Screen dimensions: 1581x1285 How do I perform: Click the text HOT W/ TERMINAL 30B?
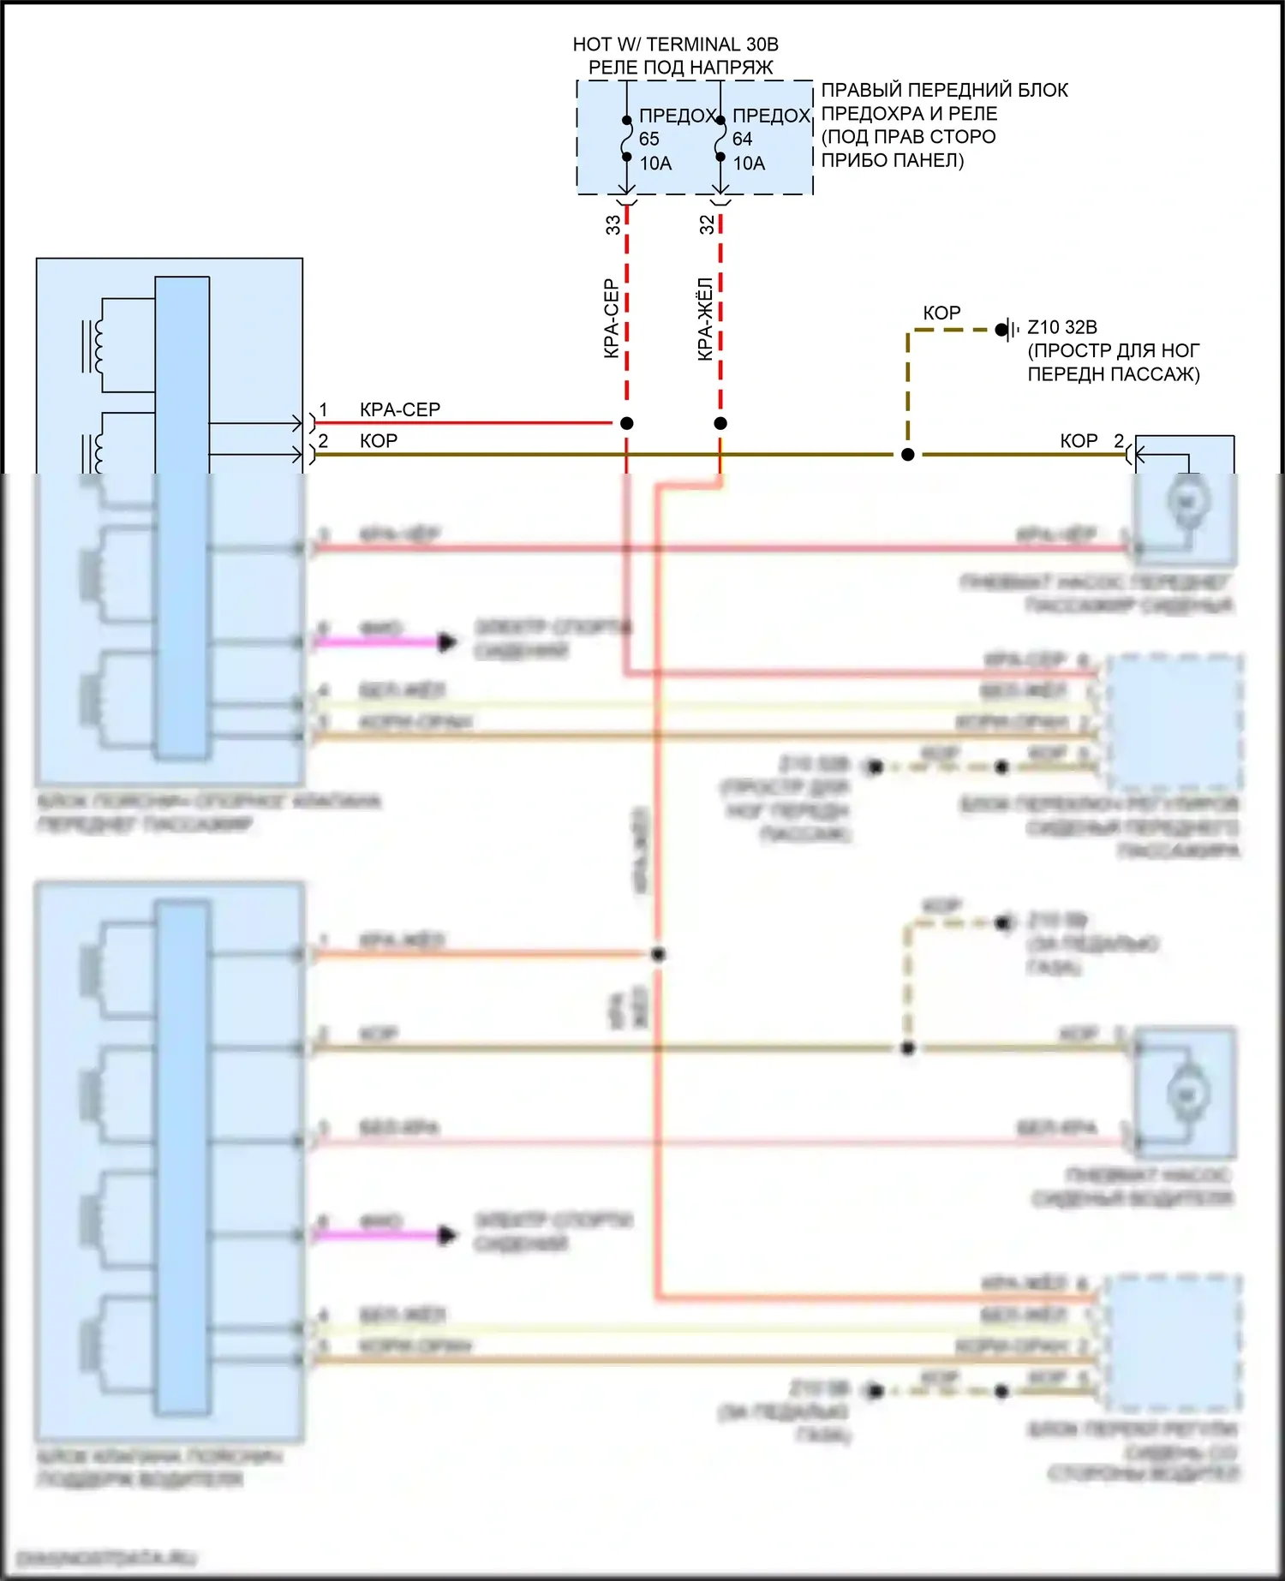[675, 45]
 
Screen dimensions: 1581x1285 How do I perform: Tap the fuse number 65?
[649, 139]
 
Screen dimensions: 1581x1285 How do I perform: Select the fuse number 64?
[742, 139]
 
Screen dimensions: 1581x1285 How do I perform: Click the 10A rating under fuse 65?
[655, 163]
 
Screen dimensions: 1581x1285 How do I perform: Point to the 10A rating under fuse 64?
[749, 163]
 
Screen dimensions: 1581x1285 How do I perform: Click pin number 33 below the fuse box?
[613, 224]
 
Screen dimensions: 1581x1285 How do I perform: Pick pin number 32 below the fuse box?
[707, 224]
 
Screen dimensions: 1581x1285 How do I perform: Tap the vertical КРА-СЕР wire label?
[612, 319]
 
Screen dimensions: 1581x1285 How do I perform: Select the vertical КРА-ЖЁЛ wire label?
[705, 319]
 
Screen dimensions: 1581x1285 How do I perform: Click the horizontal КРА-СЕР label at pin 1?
[400, 409]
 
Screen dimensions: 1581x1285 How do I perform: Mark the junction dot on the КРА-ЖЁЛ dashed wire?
[720, 423]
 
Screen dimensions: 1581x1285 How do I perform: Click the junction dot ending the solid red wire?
[627, 423]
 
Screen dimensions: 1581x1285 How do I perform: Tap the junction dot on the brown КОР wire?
[908, 455]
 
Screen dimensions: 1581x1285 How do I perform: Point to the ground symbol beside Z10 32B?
[1009, 329]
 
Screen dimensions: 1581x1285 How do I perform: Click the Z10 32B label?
[1062, 327]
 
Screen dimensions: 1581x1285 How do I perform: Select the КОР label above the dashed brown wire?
[941, 313]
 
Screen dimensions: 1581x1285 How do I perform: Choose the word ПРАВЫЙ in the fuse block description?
[861, 90]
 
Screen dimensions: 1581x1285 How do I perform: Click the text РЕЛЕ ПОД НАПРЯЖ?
[680, 67]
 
